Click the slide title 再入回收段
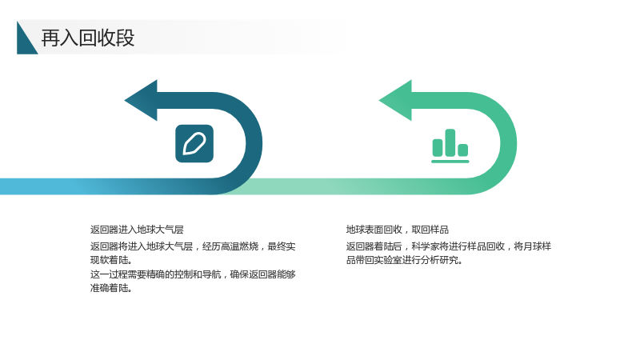(88, 38)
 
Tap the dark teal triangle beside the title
(24, 42)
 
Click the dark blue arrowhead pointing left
(142, 101)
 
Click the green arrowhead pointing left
(395, 101)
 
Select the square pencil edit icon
(194, 144)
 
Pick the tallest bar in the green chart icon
(450, 142)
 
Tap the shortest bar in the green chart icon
(463, 150)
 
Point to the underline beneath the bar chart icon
(450, 162)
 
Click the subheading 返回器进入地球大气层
(137, 230)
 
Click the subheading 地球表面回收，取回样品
(398, 230)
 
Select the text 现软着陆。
(111, 260)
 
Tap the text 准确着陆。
(111, 288)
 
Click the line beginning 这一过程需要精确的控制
(193, 274)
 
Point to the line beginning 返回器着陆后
(449, 246)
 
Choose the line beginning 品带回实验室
(404, 260)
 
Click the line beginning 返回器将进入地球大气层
(193, 246)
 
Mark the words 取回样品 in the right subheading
(430, 230)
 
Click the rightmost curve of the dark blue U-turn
(254, 143)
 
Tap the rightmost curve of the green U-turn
(509, 143)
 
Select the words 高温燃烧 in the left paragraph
(239, 246)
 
